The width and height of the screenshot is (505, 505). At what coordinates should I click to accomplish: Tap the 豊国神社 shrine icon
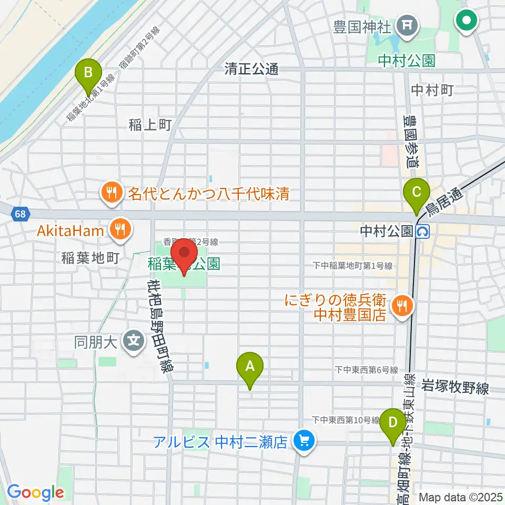tap(408, 24)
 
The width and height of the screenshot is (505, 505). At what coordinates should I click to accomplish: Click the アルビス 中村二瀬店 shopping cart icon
tap(304, 440)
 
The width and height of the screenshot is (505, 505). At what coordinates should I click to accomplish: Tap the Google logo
tap(35, 493)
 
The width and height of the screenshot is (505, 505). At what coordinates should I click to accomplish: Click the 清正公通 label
tap(251, 69)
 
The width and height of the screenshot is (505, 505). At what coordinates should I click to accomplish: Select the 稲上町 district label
tap(150, 125)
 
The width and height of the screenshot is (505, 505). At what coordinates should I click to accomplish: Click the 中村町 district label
tap(432, 90)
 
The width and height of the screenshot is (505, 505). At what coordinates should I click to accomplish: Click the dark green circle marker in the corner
tap(467, 21)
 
